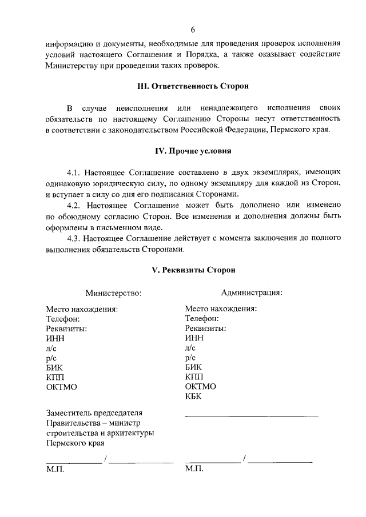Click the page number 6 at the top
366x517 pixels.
pyautogui.click(x=193, y=29)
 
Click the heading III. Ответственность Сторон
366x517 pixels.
pyautogui.click(x=193, y=86)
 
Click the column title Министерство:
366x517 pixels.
pyautogui.click(x=113, y=293)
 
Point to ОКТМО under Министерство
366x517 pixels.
pyautogui.click(x=61, y=387)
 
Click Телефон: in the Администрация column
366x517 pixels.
pyautogui.click(x=202, y=319)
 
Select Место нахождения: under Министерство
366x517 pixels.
pyautogui.click(x=82, y=309)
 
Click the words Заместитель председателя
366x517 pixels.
pyautogui.click(x=94, y=412)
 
